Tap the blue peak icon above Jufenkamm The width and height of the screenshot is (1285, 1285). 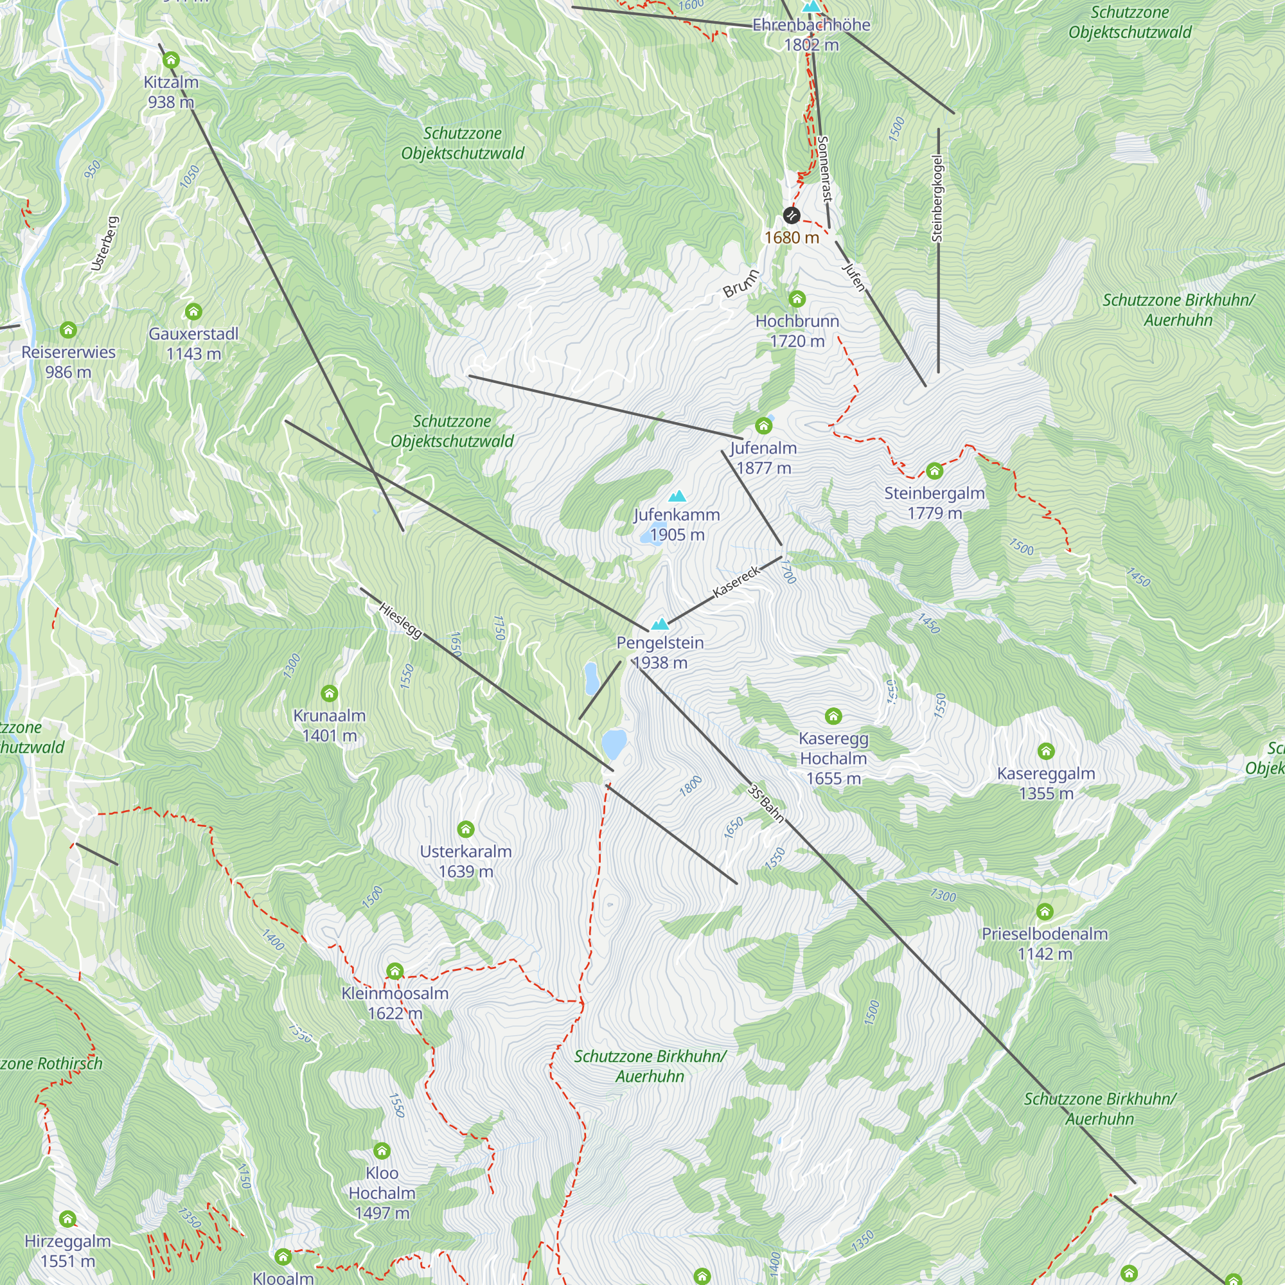[x=677, y=496]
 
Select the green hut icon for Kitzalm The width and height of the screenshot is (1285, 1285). [x=171, y=60]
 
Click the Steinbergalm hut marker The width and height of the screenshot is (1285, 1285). [x=934, y=471]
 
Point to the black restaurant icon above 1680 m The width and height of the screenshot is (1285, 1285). [x=791, y=215]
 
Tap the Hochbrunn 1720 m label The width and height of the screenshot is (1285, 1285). [x=797, y=332]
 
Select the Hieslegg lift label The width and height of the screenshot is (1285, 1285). [x=400, y=621]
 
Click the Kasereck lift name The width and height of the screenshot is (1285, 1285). [x=736, y=582]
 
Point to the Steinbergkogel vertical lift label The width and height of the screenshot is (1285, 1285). [x=938, y=198]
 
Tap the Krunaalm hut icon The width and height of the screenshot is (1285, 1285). [x=329, y=694]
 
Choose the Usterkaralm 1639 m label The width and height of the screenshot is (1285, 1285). [x=466, y=862]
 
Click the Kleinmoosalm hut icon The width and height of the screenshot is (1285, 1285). [x=395, y=971]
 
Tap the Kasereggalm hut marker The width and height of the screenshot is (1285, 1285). [x=1046, y=751]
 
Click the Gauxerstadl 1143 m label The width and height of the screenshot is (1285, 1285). [x=193, y=343]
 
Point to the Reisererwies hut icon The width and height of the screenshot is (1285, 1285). [x=68, y=329]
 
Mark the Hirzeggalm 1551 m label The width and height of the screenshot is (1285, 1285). [x=68, y=1250]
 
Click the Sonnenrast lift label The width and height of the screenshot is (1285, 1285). [x=825, y=169]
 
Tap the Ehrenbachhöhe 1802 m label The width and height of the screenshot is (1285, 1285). [x=811, y=35]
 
